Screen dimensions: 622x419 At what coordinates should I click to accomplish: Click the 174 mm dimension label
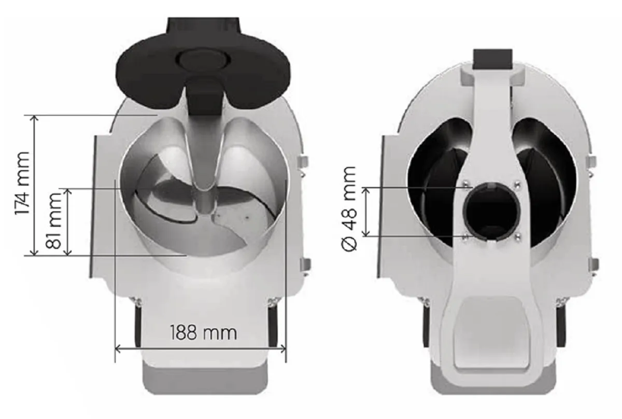22,184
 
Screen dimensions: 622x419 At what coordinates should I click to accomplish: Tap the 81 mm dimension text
53,221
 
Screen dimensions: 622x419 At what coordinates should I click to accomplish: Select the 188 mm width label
203,333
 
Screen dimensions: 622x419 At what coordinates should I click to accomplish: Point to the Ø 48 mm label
348,209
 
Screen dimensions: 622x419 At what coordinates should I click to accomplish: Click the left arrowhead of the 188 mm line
118,348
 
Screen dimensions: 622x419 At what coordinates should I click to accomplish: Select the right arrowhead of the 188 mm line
283,348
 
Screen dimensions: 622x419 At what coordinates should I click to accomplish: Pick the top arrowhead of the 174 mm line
34,119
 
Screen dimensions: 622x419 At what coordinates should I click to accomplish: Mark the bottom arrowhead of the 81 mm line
68,252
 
